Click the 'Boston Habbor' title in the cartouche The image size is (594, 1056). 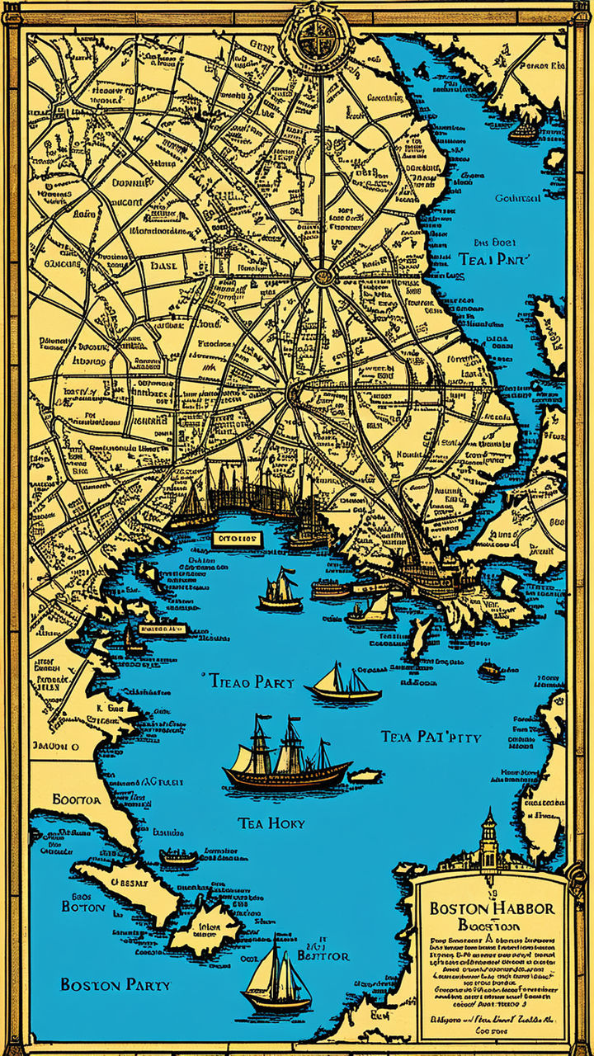pos(493,907)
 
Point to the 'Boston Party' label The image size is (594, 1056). pos(115,984)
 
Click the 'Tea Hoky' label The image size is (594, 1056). pos(271,823)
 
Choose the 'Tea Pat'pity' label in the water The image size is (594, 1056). pos(431,736)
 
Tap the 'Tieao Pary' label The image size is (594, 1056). pos(246,681)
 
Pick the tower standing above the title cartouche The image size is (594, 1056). pos(489,837)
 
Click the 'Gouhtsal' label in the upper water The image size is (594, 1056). pos(518,198)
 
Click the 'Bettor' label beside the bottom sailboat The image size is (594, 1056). pos(323,955)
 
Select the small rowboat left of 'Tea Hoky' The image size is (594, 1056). pos(178,857)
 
